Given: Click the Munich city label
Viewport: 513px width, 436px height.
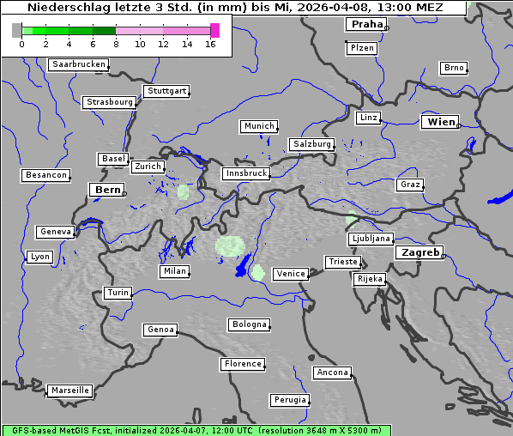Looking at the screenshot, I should click(258, 126).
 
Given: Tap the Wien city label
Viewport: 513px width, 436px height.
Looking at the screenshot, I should click(441, 122).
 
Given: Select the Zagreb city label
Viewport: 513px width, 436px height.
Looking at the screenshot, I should click(419, 253).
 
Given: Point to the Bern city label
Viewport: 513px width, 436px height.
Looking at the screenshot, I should click(107, 190).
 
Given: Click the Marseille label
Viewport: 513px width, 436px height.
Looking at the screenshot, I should click(69, 391).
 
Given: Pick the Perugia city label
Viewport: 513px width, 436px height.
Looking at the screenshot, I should click(289, 400).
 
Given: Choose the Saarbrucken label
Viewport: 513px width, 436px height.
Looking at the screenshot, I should click(79, 64).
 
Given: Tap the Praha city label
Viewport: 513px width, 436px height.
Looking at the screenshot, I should click(366, 24).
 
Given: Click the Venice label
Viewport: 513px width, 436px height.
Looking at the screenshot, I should click(291, 274).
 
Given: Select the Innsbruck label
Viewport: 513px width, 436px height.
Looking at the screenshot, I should click(245, 173).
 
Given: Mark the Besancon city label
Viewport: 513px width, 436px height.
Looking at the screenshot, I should click(45, 175).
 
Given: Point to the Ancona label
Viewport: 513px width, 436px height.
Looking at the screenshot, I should click(332, 372).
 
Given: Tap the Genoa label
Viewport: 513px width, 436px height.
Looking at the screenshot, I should click(160, 330).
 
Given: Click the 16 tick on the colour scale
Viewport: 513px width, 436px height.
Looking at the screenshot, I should click(210, 44).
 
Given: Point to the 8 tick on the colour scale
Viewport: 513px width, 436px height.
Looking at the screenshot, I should click(116, 44).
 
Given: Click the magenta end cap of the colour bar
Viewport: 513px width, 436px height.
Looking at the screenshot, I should click(214, 30).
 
